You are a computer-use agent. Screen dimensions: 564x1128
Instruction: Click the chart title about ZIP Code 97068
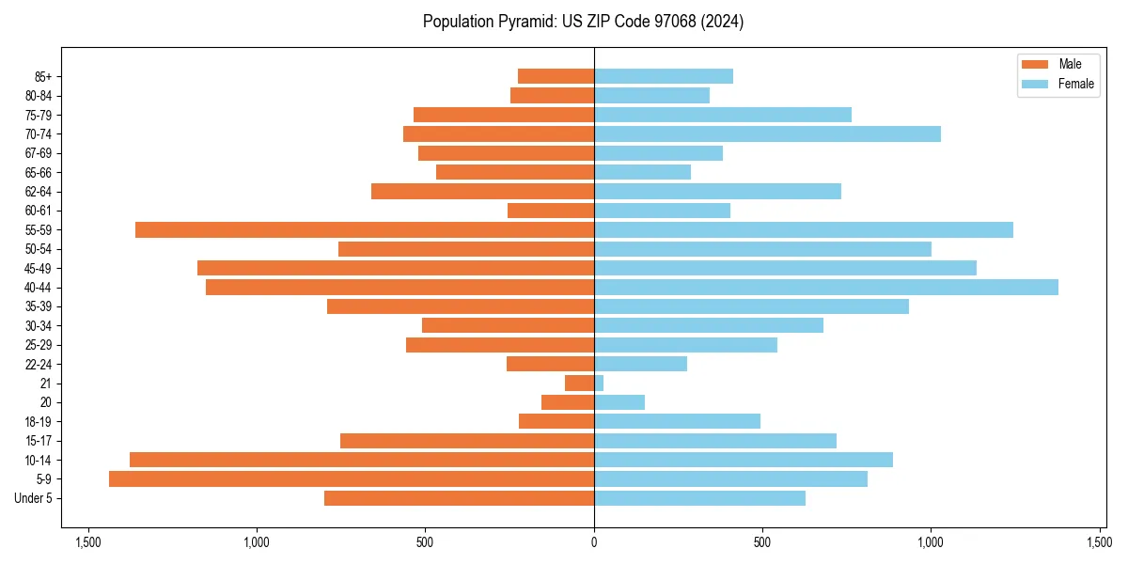tap(583, 22)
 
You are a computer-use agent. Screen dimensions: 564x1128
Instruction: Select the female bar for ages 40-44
tap(826, 288)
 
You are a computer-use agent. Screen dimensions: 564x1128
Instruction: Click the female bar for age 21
tap(599, 384)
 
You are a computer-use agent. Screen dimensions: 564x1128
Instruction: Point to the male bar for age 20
tap(568, 402)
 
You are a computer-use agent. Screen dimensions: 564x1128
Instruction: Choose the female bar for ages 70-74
tap(767, 134)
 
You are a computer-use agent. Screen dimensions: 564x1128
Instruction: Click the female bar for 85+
tap(664, 76)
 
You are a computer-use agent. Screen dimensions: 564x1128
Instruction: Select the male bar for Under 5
tap(459, 498)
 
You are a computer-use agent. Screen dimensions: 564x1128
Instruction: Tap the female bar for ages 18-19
tap(677, 422)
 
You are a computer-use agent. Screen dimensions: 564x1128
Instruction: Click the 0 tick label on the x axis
tap(594, 542)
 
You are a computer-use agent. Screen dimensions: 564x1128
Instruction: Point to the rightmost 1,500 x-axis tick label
tap(1099, 542)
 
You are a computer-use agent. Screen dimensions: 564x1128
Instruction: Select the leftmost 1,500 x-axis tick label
tap(88, 542)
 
